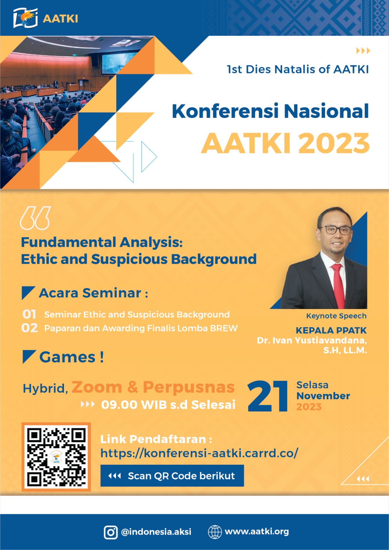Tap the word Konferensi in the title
pyautogui.click(x=225, y=111)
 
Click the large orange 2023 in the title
pyautogui.click(x=334, y=143)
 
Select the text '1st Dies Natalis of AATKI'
pyautogui.click(x=298, y=69)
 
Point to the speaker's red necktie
pyautogui.click(x=339, y=285)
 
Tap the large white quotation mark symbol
pyautogui.click(x=35, y=218)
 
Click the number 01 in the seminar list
pyautogui.click(x=29, y=315)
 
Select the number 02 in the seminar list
pyautogui.click(x=30, y=328)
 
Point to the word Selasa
pyautogui.click(x=312, y=385)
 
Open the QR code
pyautogui.click(x=56, y=457)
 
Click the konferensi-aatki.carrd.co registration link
pyautogui.click(x=199, y=453)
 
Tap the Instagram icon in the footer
pyautogui.click(x=111, y=531)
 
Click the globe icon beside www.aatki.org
pyautogui.click(x=215, y=532)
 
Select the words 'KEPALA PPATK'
pyautogui.click(x=331, y=330)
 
